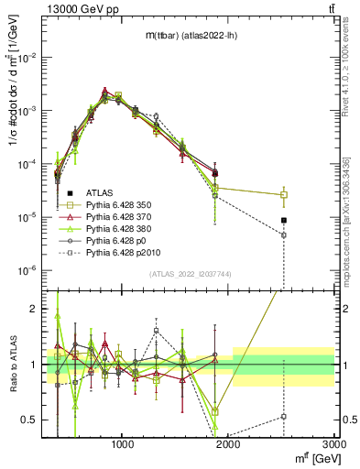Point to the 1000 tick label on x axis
pos(123,444)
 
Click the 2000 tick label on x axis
pos(229,444)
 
